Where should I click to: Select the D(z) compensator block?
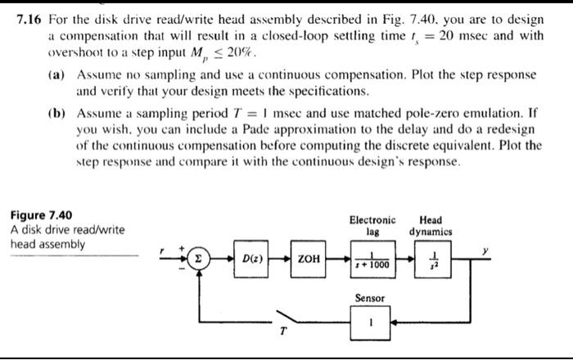point(247,259)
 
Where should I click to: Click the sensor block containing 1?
point(371,322)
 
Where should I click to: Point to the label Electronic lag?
point(372,225)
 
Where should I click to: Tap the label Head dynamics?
point(431,225)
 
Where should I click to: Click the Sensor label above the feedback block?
point(371,298)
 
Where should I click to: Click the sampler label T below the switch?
point(283,331)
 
